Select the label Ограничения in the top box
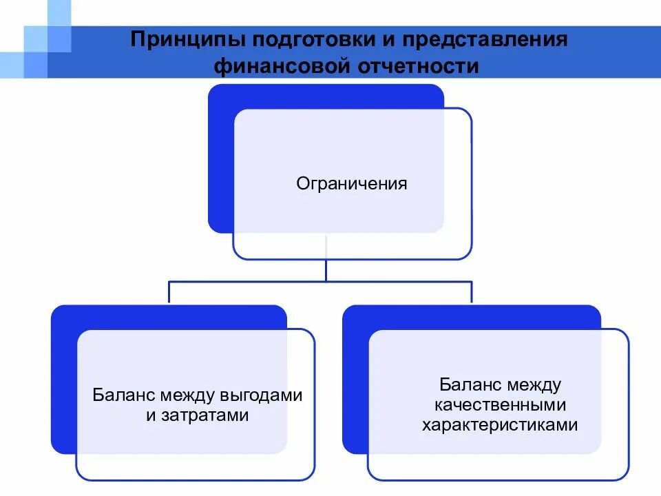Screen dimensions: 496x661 (352, 184)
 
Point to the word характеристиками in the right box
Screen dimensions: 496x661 (499, 425)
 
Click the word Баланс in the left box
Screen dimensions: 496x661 (125, 395)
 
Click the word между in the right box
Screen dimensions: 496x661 (536, 384)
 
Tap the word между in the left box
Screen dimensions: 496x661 (187, 395)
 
